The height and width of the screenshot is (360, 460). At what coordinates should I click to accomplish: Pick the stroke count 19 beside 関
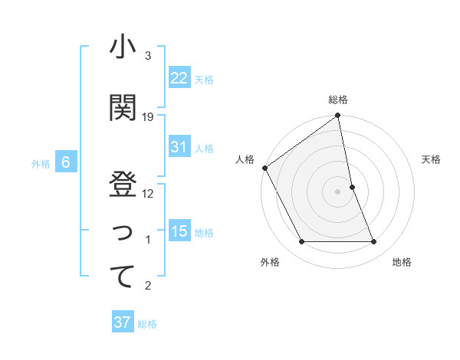pyautogui.click(x=148, y=117)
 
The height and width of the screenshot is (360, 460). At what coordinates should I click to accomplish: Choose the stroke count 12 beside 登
pyautogui.click(x=148, y=194)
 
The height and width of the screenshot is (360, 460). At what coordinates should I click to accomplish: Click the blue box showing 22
pyautogui.click(x=179, y=78)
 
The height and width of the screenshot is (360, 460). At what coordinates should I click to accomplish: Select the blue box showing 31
pyautogui.click(x=179, y=147)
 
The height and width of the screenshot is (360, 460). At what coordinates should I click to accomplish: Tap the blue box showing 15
pyautogui.click(x=179, y=231)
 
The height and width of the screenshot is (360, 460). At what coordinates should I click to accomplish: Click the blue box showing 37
pyautogui.click(x=123, y=322)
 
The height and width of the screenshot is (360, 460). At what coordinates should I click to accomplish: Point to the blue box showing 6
pyautogui.click(x=66, y=162)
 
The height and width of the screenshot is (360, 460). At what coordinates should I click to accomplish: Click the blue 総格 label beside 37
pyautogui.click(x=147, y=324)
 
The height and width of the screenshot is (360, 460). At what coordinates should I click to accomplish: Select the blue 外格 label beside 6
pyautogui.click(x=40, y=163)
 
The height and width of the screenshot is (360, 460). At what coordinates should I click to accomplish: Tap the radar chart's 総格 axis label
pyautogui.click(x=338, y=100)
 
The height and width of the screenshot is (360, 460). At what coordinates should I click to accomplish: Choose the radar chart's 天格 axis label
pyautogui.click(x=431, y=159)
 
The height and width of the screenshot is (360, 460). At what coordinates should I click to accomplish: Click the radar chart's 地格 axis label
pyautogui.click(x=402, y=262)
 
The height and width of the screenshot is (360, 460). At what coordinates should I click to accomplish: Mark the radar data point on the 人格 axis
pyautogui.click(x=264, y=168)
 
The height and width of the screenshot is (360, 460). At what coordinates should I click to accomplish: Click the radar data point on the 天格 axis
pyautogui.click(x=352, y=187)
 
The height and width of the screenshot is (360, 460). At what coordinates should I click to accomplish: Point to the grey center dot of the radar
pyautogui.click(x=338, y=191)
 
